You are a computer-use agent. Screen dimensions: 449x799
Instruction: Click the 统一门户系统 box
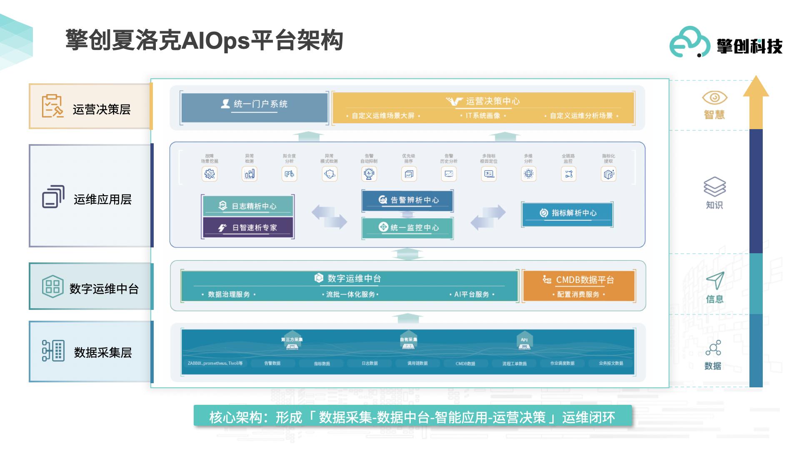click(x=254, y=107)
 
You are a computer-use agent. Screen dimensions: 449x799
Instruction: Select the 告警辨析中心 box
click(x=407, y=200)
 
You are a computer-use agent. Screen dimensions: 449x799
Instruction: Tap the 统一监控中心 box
click(x=407, y=227)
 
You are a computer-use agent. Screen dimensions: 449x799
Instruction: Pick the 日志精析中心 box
click(x=248, y=206)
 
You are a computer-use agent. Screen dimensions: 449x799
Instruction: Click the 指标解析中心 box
click(x=567, y=214)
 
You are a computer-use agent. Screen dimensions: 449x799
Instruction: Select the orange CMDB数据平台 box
click(x=578, y=285)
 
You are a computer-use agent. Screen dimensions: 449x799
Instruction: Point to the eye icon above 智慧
click(x=714, y=98)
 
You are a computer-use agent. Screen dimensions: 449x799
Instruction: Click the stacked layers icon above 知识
click(x=714, y=186)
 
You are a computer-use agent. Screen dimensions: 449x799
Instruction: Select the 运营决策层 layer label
click(x=91, y=107)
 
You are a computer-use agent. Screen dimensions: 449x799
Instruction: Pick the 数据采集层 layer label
click(x=91, y=352)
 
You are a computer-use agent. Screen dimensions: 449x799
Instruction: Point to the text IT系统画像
click(x=482, y=116)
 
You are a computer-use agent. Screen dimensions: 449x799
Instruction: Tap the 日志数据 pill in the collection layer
click(x=370, y=364)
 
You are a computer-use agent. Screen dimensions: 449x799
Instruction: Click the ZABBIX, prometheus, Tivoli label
click(x=215, y=364)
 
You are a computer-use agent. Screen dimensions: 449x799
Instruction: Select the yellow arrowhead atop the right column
click(x=756, y=87)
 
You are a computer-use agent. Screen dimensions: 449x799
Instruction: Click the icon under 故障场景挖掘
click(x=210, y=174)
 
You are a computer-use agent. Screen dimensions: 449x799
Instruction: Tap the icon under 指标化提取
click(x=608, y=174)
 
